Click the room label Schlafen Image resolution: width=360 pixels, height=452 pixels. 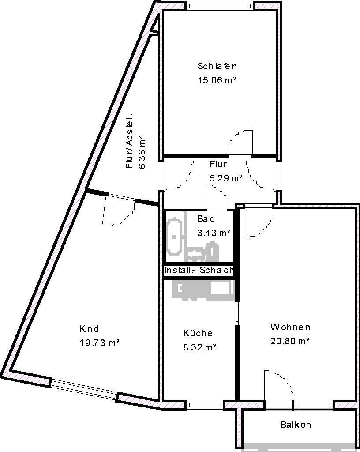pyautogui.click(x=217, y=67)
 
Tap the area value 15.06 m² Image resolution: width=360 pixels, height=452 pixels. pyautogui.click(x=217, y=80)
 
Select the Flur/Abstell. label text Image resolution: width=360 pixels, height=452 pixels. pyautogui.click(x=130, y=141)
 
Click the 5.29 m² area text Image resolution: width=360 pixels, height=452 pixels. pyautogui.click(x=225, y=178)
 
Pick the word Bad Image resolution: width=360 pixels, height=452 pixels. pyautogui.click(x=206, y=219)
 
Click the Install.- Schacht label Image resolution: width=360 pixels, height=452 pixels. pyautogui.click(x=198, y=271)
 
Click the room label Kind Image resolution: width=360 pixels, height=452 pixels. pyautogui.click(x=89, y=329)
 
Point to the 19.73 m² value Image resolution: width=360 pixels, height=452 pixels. pyautogui.click(x=100, y=343)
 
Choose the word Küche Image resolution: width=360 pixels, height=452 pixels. pyautogui.click(x=198, y=333)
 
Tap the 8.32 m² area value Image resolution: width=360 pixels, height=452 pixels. pyautogui.click(x=199, y=347)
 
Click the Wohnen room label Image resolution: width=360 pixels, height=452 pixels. pyautogui.click(x=290, y=327)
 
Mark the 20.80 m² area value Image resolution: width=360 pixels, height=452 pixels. pyautogui.click(x=290, y=341)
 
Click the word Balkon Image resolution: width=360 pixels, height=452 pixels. pyautogui.click(x=296, y=425)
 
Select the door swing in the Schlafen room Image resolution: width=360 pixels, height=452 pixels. pyautogui.click(x=240, y=142)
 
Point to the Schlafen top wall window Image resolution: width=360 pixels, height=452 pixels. pyautogui.click(x=220, y=6)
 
